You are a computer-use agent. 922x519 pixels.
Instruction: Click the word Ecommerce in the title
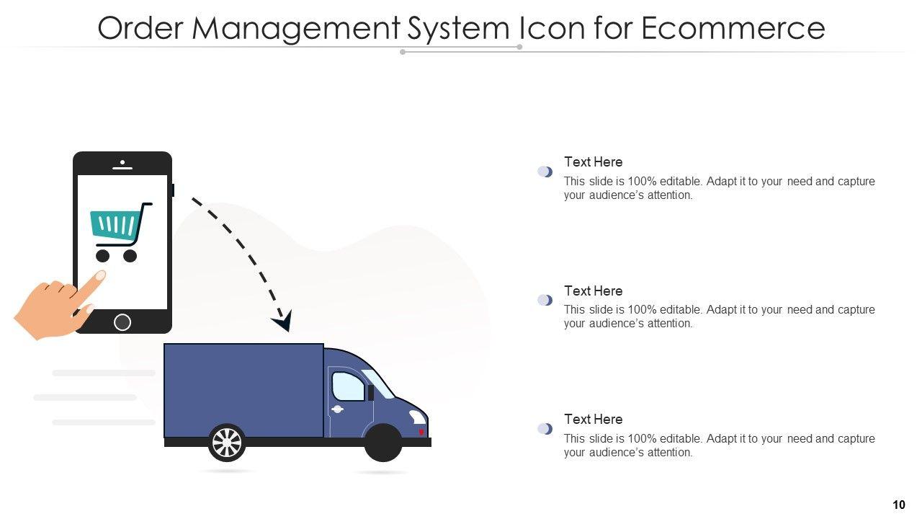coord(732,28)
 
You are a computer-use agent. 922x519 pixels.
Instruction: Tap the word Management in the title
coord(295,28)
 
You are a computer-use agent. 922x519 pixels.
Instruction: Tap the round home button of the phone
coord(122,322)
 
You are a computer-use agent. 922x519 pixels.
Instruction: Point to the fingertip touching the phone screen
coord(99,275)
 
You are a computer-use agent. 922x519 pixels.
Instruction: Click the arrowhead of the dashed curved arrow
coord(283,321)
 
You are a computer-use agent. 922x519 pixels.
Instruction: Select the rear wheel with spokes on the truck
coord(227,442)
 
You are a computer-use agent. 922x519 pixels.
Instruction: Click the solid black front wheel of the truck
coord(382,443)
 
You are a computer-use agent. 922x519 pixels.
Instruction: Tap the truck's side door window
coord(348,386)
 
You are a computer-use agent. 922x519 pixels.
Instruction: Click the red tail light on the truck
coord(421,432)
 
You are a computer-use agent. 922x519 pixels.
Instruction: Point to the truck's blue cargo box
coord(243,390)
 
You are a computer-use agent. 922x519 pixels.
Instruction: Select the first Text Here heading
coord(593,162)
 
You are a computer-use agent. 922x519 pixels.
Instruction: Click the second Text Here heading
coord(593,291)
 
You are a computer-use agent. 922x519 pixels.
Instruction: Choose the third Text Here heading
coord(593,420)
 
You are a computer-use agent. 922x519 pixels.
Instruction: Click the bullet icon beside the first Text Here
coord(545,172)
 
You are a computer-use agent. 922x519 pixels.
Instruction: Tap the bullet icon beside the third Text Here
coord(545,429)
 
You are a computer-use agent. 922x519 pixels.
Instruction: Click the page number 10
coord(898,505)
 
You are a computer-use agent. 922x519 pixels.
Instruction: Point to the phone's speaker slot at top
coord(122,167)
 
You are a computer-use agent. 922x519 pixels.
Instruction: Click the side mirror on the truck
coord(370,393)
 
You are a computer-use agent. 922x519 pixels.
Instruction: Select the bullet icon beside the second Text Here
coord(545,300)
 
